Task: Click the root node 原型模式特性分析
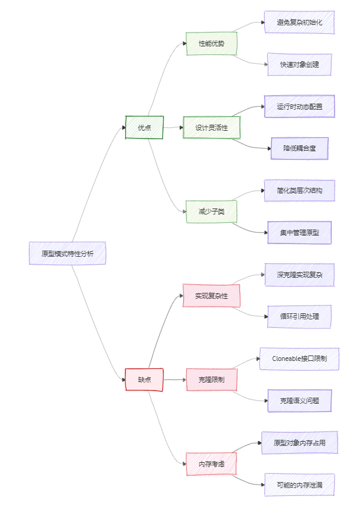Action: pos(68,253)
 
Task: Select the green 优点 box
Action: pos(144,127)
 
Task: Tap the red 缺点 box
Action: pos(144,380)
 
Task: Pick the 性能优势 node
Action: pos(211,43)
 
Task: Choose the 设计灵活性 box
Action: pos(211,127)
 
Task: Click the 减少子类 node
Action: pos(211,211)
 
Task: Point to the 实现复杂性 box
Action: pos(211,295)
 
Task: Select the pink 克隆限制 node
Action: pos(211,380)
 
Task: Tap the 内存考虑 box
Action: pos(211,463)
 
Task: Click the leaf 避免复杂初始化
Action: pos(299,22)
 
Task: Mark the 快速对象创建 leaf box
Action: pos(299,64)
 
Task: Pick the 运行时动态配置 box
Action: pos(299,107)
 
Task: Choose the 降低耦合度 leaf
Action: pos(299,148)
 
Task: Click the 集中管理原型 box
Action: pos(299,233)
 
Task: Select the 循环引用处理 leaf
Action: pos(299,316)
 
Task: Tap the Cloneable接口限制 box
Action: pos(299,359)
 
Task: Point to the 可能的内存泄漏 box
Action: pos(299,484)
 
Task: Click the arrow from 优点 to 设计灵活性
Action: pos(173,127)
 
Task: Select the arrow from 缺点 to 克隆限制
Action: pos(174,380)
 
